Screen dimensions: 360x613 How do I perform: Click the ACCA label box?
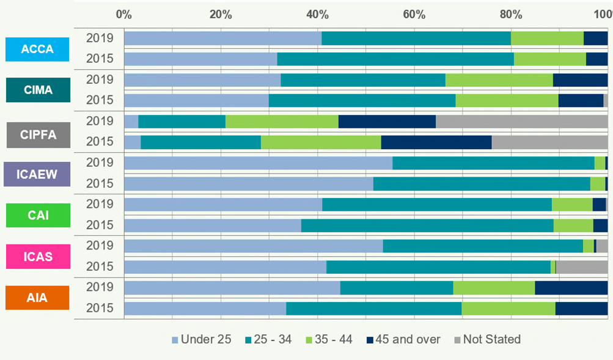pyautogui.click(x=38, y=49)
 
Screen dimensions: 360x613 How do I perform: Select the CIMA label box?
pyautogui.click(x=38, y=90)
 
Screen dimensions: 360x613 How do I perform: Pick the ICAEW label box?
pyautogui.click(x=37, y=174)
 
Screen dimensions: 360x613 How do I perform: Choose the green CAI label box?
pyautogui.click(x=38, y=215)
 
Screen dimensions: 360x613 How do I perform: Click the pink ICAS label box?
pyautogui.click(x=38, y=256)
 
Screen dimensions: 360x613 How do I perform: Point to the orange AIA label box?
pyautogui.click(x=38, y=298)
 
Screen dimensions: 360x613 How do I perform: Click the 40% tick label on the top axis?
pyautogui.click(x=317, y=14)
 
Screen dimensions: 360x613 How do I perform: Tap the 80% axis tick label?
pyautogui.click(x=511, y=14)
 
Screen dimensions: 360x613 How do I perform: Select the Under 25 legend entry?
pyautogui.click(x=201, y=339)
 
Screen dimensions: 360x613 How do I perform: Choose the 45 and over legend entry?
pyautogui.click(x=403, y=339)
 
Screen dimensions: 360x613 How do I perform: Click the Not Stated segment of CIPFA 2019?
pyautogui.click(x=521, y=121)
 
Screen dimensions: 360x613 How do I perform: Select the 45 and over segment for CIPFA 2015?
pyautogui.click(x=436, y=142)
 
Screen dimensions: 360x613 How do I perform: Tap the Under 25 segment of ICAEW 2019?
pyautogui.click(x=258, y=163)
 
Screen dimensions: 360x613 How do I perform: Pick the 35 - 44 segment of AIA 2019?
pyautogui.click(x=494, y=287)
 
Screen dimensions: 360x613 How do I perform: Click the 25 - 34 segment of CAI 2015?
pyautogui.click(x=427, y=225)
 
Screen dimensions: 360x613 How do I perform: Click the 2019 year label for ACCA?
pyautogui.click(x=100, y=38)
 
